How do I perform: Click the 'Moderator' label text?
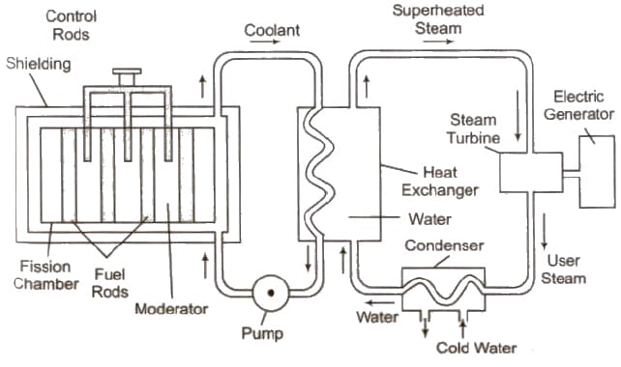[x=172, y=309]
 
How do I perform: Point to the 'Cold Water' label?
[x=477, y=348]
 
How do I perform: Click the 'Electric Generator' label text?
[x=582, y=104]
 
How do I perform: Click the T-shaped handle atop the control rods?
[x=127, y=75]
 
